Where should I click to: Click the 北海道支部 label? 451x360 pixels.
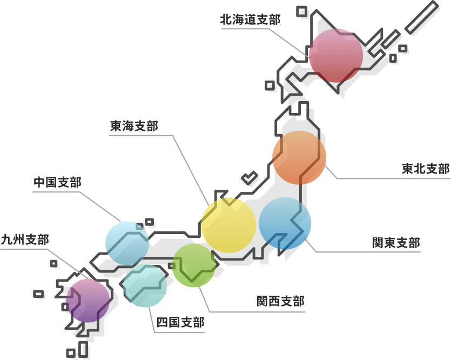250,20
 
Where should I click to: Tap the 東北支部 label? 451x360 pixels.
426,169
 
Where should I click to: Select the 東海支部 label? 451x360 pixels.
134,126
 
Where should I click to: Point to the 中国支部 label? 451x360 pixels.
58,182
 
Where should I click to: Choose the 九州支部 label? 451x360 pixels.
25,239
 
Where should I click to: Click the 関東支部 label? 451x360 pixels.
396,243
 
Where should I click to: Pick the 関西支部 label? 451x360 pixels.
280,301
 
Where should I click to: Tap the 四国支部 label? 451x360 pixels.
180,322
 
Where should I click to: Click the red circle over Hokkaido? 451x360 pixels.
336,56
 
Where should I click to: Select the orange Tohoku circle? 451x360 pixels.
299,158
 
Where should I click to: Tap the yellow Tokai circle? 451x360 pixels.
228,225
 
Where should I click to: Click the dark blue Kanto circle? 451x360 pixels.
285,223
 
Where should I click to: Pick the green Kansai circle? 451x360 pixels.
194,265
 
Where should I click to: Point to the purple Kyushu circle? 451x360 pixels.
88,301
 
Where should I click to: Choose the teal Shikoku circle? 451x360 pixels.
145,285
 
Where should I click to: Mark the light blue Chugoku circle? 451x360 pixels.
127,243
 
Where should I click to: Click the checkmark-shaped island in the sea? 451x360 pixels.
249,178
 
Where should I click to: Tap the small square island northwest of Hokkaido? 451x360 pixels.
301,11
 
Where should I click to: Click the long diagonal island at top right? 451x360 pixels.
422,17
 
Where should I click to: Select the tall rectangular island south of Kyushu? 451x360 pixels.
83,349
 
